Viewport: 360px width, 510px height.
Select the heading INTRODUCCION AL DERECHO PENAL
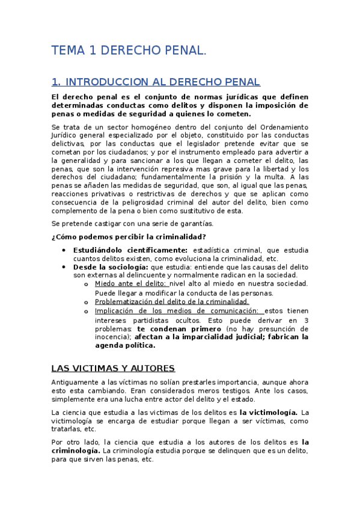click(162, 82)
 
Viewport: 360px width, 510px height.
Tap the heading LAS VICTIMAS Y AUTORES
click(112, 367)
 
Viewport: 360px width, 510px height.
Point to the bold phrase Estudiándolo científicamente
click(130, 250)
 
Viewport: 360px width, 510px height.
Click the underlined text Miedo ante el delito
click(131, 283)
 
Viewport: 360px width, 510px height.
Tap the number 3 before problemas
click(306, 320)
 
